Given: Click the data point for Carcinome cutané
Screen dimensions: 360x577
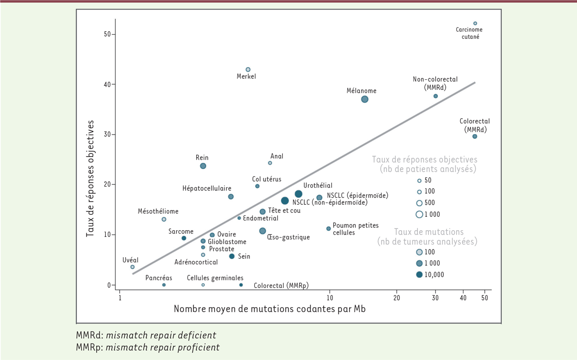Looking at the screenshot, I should [475, 23].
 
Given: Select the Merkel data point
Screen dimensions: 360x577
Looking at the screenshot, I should [248, 70].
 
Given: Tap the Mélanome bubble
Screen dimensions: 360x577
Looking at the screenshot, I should [364, 99].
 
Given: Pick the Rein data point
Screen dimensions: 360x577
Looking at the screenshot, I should [203, 166].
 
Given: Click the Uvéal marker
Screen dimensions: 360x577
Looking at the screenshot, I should [133, 267].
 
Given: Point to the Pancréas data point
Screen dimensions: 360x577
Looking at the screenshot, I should [164, 285].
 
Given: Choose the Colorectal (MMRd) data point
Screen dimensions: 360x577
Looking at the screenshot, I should [475, 137].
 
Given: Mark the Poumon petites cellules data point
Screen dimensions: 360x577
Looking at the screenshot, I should [328, 229].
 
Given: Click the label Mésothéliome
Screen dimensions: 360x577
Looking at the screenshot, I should [158, 211].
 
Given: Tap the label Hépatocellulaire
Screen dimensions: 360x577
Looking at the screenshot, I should [207, 188].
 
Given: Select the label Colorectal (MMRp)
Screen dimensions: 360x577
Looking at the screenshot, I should [281, 286].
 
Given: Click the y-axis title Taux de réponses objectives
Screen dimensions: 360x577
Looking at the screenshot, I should [90, 178].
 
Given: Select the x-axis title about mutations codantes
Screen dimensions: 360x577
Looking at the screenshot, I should [269, 309].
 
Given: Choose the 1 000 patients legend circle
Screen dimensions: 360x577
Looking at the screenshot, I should [419, 214].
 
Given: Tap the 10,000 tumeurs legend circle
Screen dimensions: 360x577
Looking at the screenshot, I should [419, 274].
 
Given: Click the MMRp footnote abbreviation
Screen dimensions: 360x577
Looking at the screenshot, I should [87, 347].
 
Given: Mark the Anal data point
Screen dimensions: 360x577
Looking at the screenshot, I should [270, 163].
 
